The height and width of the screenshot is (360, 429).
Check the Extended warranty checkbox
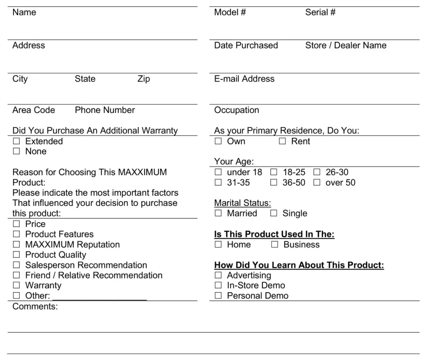(16, 141)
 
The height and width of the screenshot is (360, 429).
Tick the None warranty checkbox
(16, 152)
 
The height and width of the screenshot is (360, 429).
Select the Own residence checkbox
(218, 141)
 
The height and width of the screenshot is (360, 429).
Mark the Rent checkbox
(282, 141)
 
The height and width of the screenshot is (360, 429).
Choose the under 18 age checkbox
(218, 172)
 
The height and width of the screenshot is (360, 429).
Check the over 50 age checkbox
(317, 183)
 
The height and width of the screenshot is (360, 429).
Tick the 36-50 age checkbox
(274, 183)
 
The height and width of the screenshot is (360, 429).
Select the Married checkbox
(218, 213)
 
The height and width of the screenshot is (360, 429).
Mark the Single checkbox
(274, 213)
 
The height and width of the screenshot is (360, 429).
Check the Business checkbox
(275, 245)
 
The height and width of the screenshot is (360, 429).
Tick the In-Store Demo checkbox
(218, 285)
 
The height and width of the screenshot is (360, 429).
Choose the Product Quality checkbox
(16, 255)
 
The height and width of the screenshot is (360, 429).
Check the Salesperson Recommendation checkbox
(16, 265)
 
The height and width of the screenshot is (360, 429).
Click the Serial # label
(320, 13)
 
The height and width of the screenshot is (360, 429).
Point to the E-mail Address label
(244, 79)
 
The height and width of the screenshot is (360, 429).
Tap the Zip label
(143, 79)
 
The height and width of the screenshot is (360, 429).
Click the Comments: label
(35, 306)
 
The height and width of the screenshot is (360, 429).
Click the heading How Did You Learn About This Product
(299, 265)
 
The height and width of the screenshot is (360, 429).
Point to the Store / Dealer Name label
(346, 45)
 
